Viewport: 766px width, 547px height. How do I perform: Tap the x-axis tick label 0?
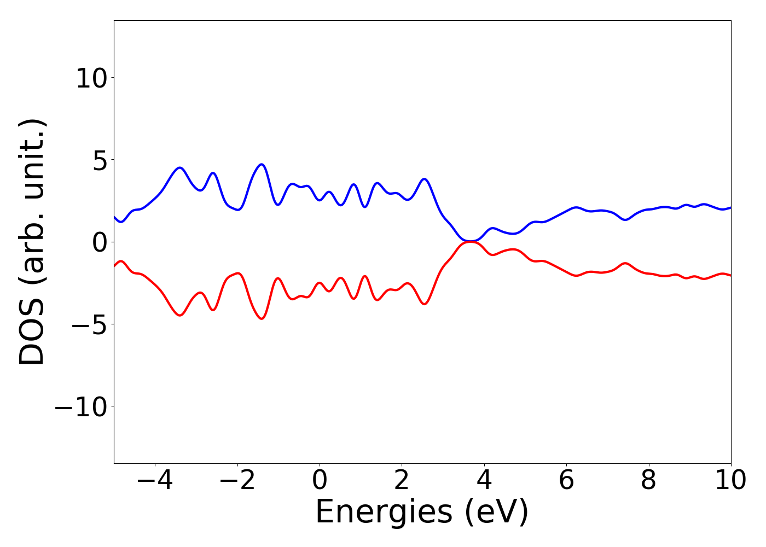[x=320, y=480]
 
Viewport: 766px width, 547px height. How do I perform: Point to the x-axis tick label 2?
[x=402, y=480]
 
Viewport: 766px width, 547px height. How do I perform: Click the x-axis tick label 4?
[x=484, y=480]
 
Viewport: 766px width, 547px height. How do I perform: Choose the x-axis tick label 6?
[x=566, y=480]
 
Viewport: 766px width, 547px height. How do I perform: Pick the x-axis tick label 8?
[x=648, y=480]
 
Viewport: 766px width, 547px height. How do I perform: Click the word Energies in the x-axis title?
[x=384, y=513]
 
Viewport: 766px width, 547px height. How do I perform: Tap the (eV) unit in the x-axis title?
[x=497, y=513]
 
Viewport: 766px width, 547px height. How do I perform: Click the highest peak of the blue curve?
[x=262, y=164]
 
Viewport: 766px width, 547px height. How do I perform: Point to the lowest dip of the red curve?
[x=262, y=319]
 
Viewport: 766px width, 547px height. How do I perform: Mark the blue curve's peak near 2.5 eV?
[x=424, y=179]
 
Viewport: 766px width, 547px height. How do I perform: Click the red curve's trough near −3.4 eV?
[x=179, y=315]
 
